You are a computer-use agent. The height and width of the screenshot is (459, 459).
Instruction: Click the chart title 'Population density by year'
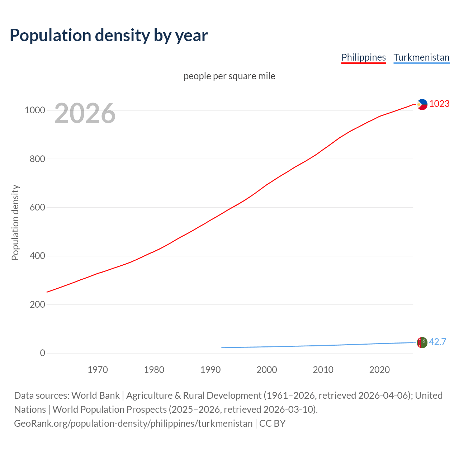tap(109, 36)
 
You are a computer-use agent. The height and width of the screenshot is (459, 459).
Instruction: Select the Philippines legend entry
tap(363, 57)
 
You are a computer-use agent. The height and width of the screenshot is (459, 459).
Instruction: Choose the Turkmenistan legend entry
tap(421, 57)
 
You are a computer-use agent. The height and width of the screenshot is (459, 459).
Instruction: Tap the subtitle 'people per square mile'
tap(229, 76)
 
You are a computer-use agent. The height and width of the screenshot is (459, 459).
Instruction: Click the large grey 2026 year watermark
tap(85, 113)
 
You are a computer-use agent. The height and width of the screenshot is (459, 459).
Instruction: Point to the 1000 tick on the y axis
tap(35, 110)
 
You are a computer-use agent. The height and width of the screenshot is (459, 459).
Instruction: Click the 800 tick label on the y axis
tap(37, 159)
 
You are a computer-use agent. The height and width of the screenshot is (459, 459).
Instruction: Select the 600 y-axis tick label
tap(37, 208)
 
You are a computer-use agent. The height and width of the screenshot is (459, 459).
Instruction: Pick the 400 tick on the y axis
tap(37, 256)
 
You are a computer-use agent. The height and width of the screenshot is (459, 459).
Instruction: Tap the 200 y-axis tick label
tap(37, 304)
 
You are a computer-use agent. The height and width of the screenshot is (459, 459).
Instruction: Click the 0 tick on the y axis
tap(43, 353)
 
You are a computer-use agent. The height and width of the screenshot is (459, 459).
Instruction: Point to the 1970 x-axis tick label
tap(98, 370)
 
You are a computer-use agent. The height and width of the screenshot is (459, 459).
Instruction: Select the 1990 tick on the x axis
tap(210, 370)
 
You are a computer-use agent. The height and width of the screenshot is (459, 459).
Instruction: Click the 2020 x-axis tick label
tap(379, 370)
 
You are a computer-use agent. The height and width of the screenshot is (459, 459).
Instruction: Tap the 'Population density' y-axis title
tap(15, 222)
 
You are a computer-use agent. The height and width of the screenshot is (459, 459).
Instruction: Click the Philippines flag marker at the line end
tap(422, 104)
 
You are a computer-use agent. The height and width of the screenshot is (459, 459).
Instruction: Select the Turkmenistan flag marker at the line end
tap(422, 342)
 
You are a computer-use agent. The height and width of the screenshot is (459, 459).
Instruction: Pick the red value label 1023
tap(439, 104)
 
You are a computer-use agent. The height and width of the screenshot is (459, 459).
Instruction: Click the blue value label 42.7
tap(437, 342)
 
